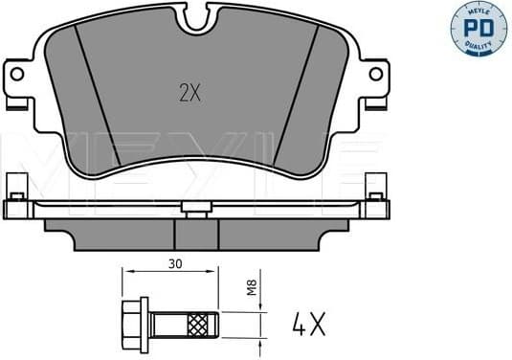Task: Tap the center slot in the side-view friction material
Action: [196, 233]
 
